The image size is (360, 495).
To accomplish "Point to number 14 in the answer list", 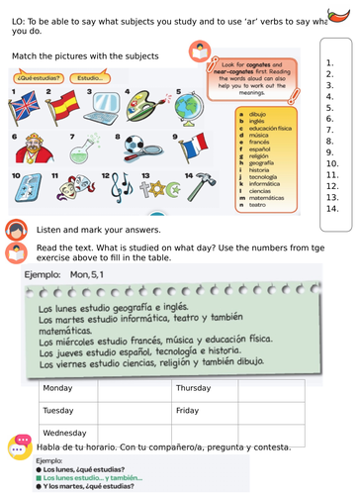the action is [331, 208].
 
